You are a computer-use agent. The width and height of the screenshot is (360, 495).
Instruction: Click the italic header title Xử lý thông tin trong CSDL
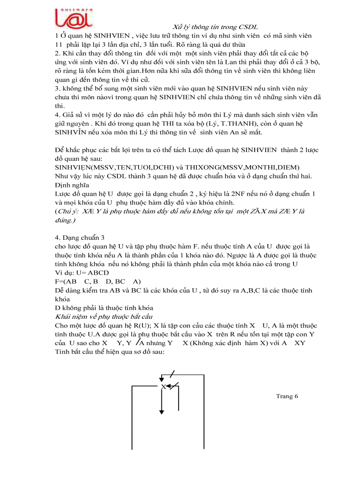(x=214, y=27)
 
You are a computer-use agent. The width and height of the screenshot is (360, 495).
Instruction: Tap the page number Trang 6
(x=287, y=396)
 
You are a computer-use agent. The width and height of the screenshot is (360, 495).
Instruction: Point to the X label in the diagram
(x=163, y=387)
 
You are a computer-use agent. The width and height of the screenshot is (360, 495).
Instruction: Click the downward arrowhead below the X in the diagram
(x=161, y=411)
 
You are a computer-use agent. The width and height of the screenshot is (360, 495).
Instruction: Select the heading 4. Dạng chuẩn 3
(x=79, y=238)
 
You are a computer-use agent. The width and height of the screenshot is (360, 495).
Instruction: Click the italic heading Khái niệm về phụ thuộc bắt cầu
(x=104, y=317)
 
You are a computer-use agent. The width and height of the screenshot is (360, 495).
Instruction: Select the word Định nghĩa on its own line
(x=71, y=185)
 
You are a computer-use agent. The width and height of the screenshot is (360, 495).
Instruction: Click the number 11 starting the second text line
(x=59, y=44)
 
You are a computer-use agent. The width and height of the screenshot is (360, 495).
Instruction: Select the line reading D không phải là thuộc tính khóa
(x=104, y=308)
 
